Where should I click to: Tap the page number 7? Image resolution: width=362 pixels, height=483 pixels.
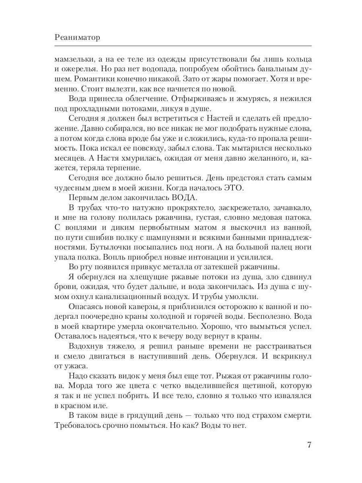(309, 445)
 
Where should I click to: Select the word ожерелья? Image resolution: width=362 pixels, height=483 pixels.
(77, 68)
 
